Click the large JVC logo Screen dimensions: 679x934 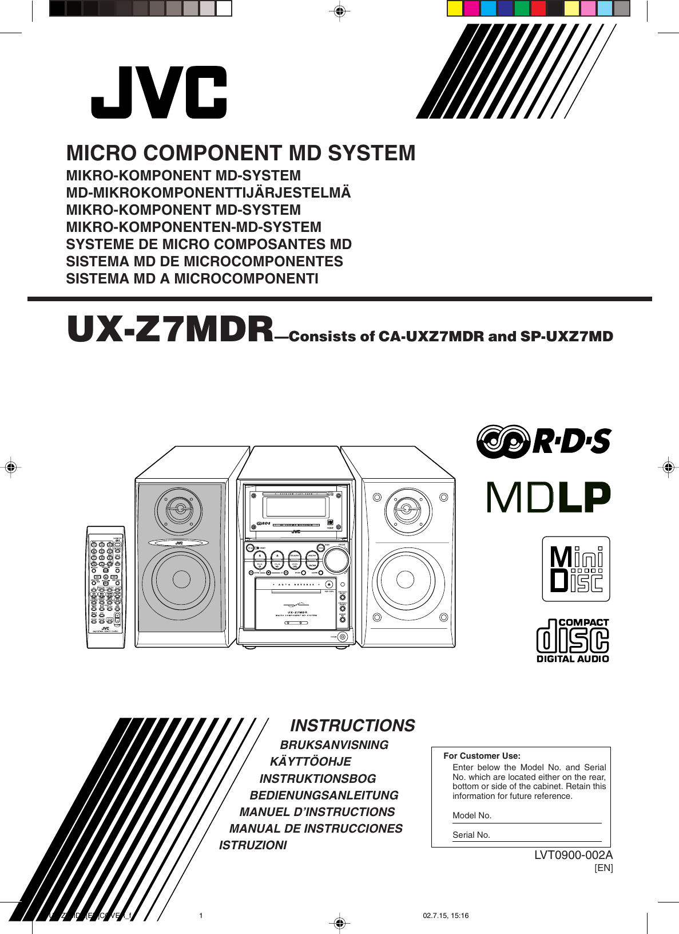point(159,92)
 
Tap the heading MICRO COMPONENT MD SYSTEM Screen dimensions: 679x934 point(241,153)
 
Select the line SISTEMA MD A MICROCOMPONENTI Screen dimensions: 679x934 point(192,279)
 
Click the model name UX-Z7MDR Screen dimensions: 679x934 point(170,330)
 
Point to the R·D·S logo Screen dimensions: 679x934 point(544,442)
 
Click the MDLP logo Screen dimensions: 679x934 point(549,498)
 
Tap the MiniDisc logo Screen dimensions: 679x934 point(576,569)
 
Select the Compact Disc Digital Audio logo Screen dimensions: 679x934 point(573,641)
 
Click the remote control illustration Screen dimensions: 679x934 point(106,587)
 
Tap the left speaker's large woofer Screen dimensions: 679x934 point(180,580)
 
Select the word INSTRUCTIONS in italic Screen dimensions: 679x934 point(352,726)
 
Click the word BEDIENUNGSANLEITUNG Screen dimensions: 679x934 point(324,795)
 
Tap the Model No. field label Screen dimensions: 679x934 point(472,815)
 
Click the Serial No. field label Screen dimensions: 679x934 point(471,835)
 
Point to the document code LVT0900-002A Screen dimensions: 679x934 point(573,855)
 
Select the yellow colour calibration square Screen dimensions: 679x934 point(455,8)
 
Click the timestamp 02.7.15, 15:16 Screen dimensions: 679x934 point(446,916)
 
